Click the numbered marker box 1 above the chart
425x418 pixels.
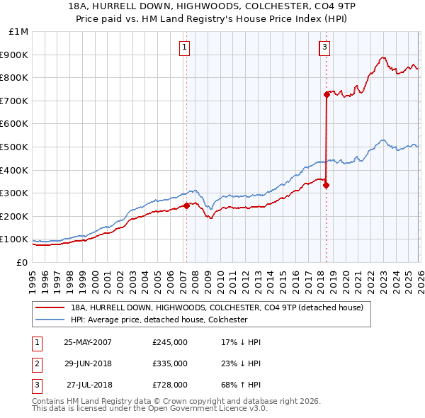point(184,47)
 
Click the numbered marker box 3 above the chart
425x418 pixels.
point(324,47)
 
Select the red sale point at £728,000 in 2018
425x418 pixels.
point(327,94)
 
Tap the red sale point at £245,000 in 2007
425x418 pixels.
point(187,205)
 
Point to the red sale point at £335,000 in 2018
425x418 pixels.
point(326,185)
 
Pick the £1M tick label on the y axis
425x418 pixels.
point(18,32)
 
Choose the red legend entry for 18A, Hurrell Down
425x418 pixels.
point(217,307)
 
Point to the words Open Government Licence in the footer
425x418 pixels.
point(204,409)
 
